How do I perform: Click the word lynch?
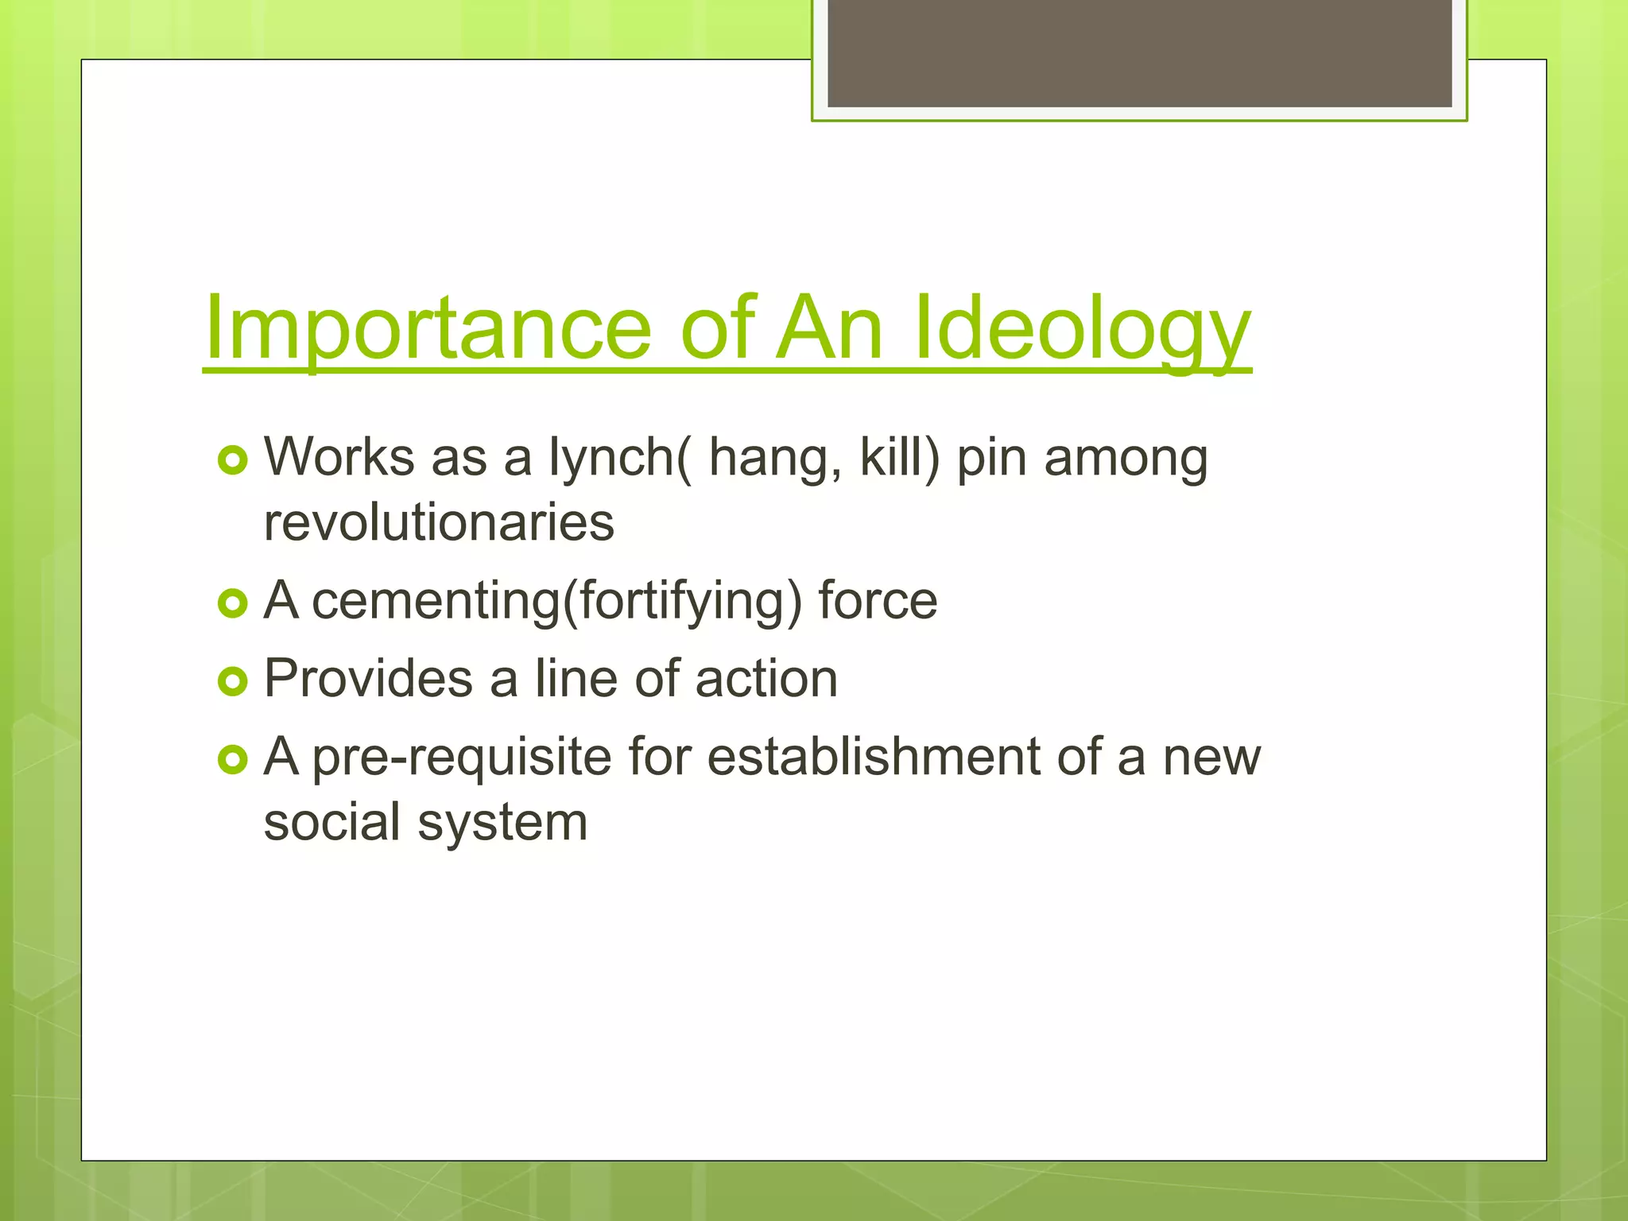click(612, 459)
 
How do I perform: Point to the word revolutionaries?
click(439, 524)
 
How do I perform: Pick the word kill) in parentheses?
click(899, 459)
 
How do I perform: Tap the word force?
click(878, 602)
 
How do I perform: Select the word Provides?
click(368, 680)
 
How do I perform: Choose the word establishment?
click(873, 758)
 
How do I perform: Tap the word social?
click(331, 824)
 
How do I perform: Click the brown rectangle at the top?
click(1139, 52)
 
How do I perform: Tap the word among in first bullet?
click(1126, 459)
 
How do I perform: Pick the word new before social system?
click(1211, 758)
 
